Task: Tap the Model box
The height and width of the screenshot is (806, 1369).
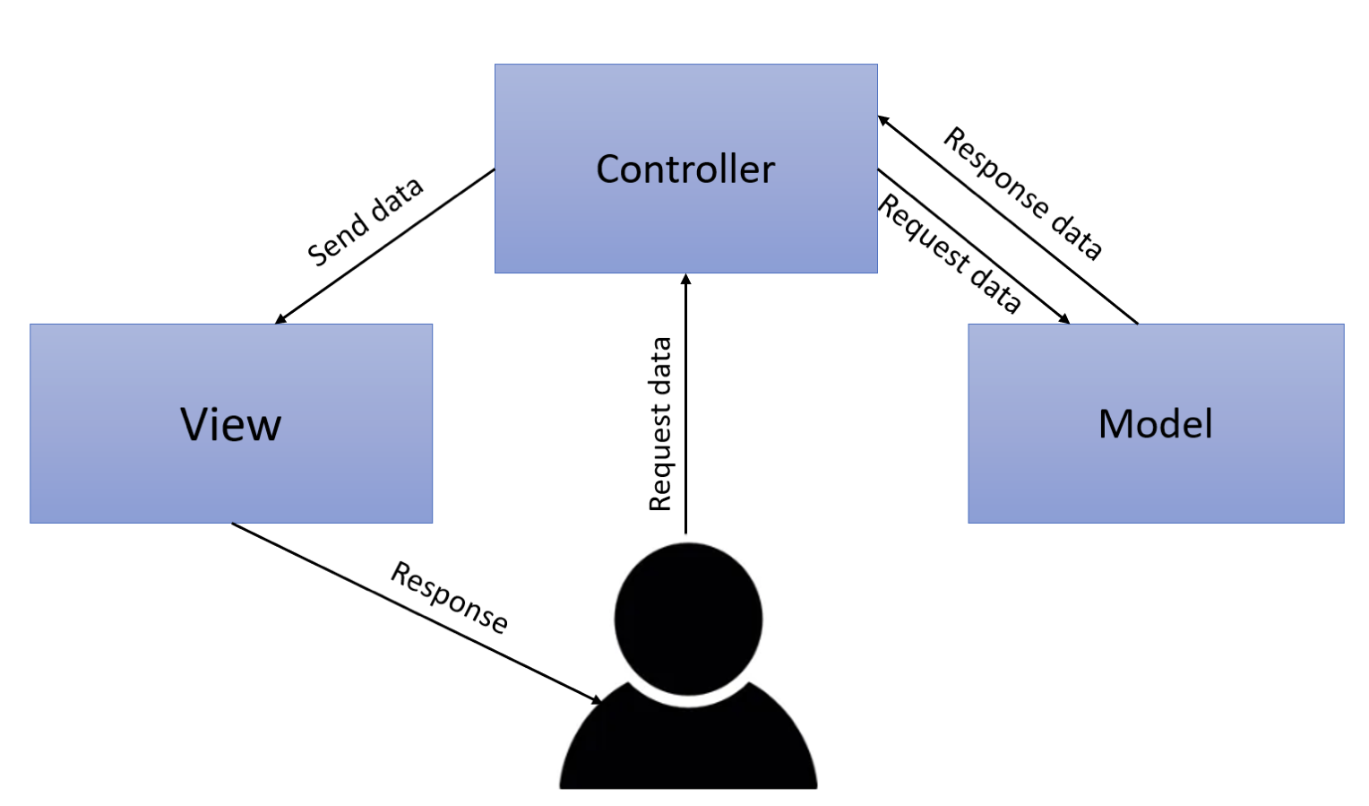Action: (x=1155, y=475)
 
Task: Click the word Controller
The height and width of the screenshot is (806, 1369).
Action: (x=685, y=169)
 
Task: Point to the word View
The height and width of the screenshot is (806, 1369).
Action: (x=230, y=424)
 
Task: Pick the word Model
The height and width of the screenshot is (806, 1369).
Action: (x=1155, y=423)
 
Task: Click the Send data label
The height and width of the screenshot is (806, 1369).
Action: (x=365, y=221)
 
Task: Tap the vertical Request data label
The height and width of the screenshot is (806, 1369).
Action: (x=660, y=424)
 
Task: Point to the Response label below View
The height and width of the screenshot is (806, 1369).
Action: (x=450, y=597)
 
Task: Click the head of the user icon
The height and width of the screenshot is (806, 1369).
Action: (x=688, y=619)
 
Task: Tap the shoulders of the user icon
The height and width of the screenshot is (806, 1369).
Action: (x=688, y=749)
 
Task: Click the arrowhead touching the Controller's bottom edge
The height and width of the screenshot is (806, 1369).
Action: (x=686, y=279)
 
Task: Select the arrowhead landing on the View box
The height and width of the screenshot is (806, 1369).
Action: (x=280, y=319)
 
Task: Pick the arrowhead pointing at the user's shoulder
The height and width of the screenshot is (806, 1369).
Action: (x=597, y=699)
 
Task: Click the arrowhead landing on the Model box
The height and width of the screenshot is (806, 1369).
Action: (x=1064, y=318)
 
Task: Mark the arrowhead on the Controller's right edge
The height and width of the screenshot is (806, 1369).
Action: (x=883, y=120)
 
